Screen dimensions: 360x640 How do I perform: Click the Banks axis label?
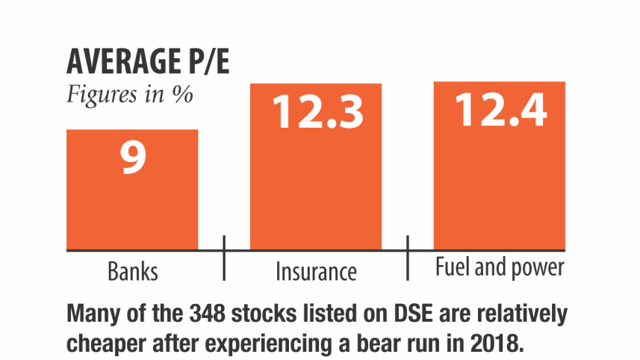133,270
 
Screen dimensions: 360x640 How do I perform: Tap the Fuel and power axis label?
500,268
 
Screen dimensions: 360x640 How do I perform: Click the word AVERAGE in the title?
119,63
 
